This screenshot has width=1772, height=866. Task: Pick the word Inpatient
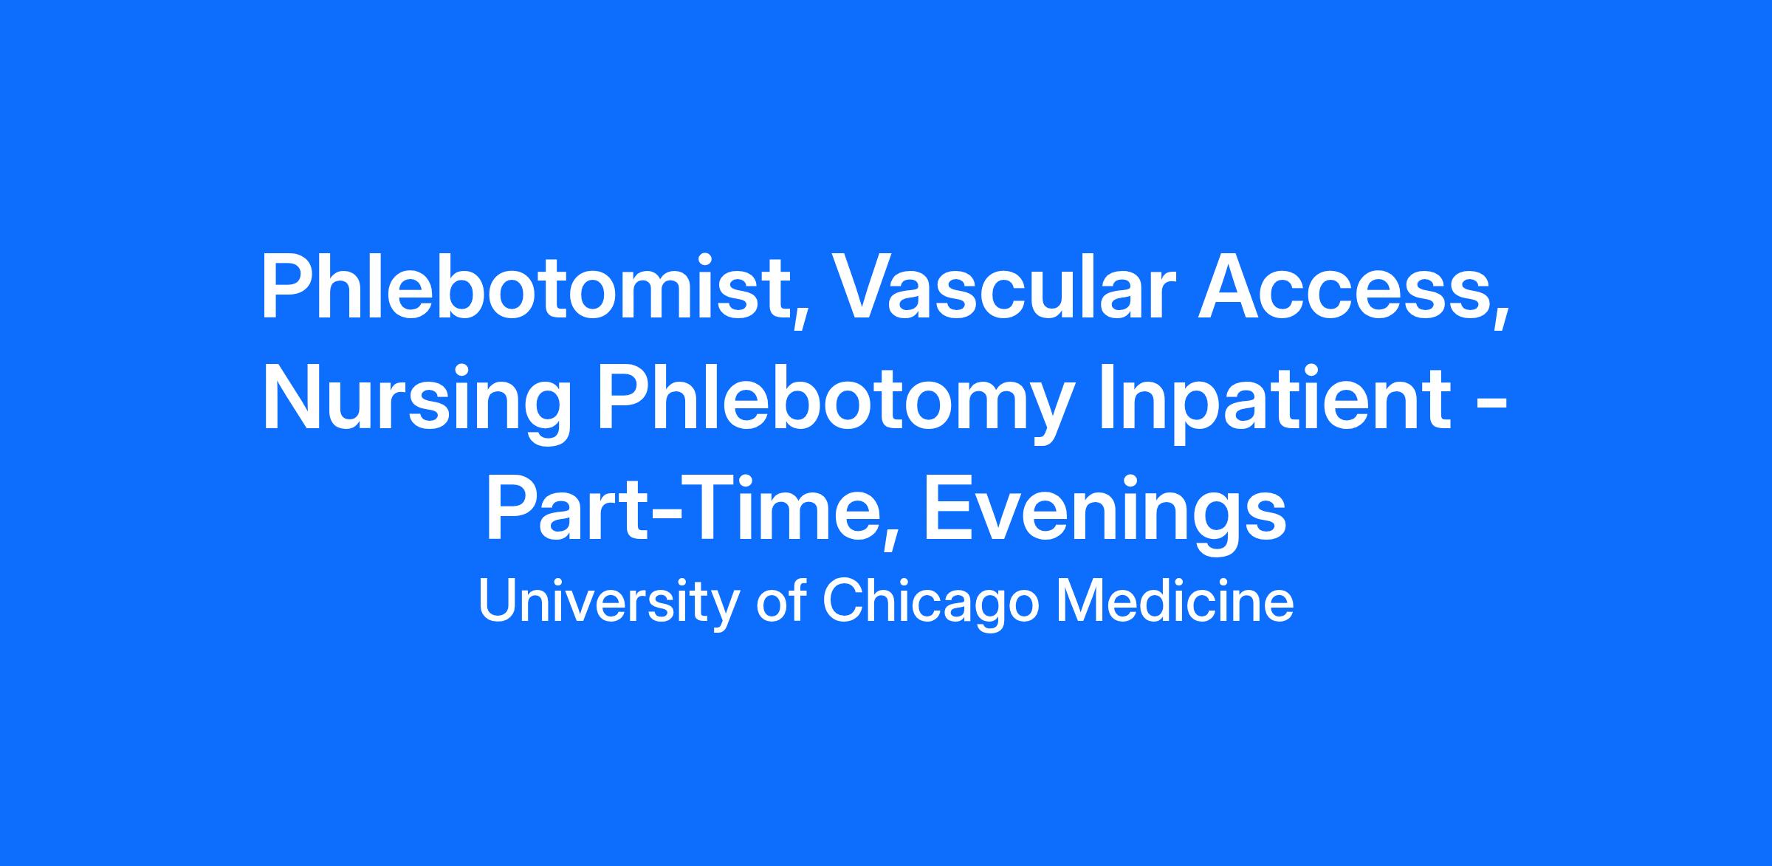click(1275, 402)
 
